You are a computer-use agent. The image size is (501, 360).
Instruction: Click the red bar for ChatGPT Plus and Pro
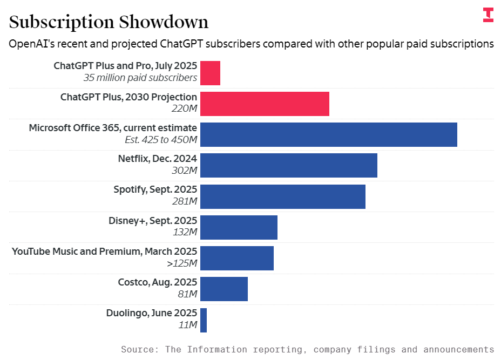(x=210, y=73)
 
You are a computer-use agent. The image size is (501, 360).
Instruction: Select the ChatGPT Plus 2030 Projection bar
(x=265, y=104)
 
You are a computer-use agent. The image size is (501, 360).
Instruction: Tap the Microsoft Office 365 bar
(x=328, y=134)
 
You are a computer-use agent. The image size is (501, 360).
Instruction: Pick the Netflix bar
(x=288, y=166)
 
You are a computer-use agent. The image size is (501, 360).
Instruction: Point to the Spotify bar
(x=282, y=196)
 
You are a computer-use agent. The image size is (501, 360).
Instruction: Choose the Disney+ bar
(x=239, y=227)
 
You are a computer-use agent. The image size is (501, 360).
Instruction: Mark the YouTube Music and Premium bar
(x=236, y=258)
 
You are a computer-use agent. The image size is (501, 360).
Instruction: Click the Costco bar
(x=224, y=289)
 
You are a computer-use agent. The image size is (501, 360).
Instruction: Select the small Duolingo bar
(x=204, y=320)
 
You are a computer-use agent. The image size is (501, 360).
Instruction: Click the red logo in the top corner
(x=488, y=15)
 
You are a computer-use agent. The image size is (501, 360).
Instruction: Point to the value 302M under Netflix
(x=184, y=171)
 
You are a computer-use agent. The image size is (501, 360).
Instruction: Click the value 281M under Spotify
(x=185, y=201)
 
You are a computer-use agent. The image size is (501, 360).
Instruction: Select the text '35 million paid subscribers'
(x=140, y=78)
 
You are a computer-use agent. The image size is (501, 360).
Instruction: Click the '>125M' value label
(x=182, y=263)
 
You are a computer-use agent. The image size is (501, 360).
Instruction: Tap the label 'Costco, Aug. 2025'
(x=157, y=282)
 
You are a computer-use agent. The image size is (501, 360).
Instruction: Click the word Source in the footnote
(x=138, y=349)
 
